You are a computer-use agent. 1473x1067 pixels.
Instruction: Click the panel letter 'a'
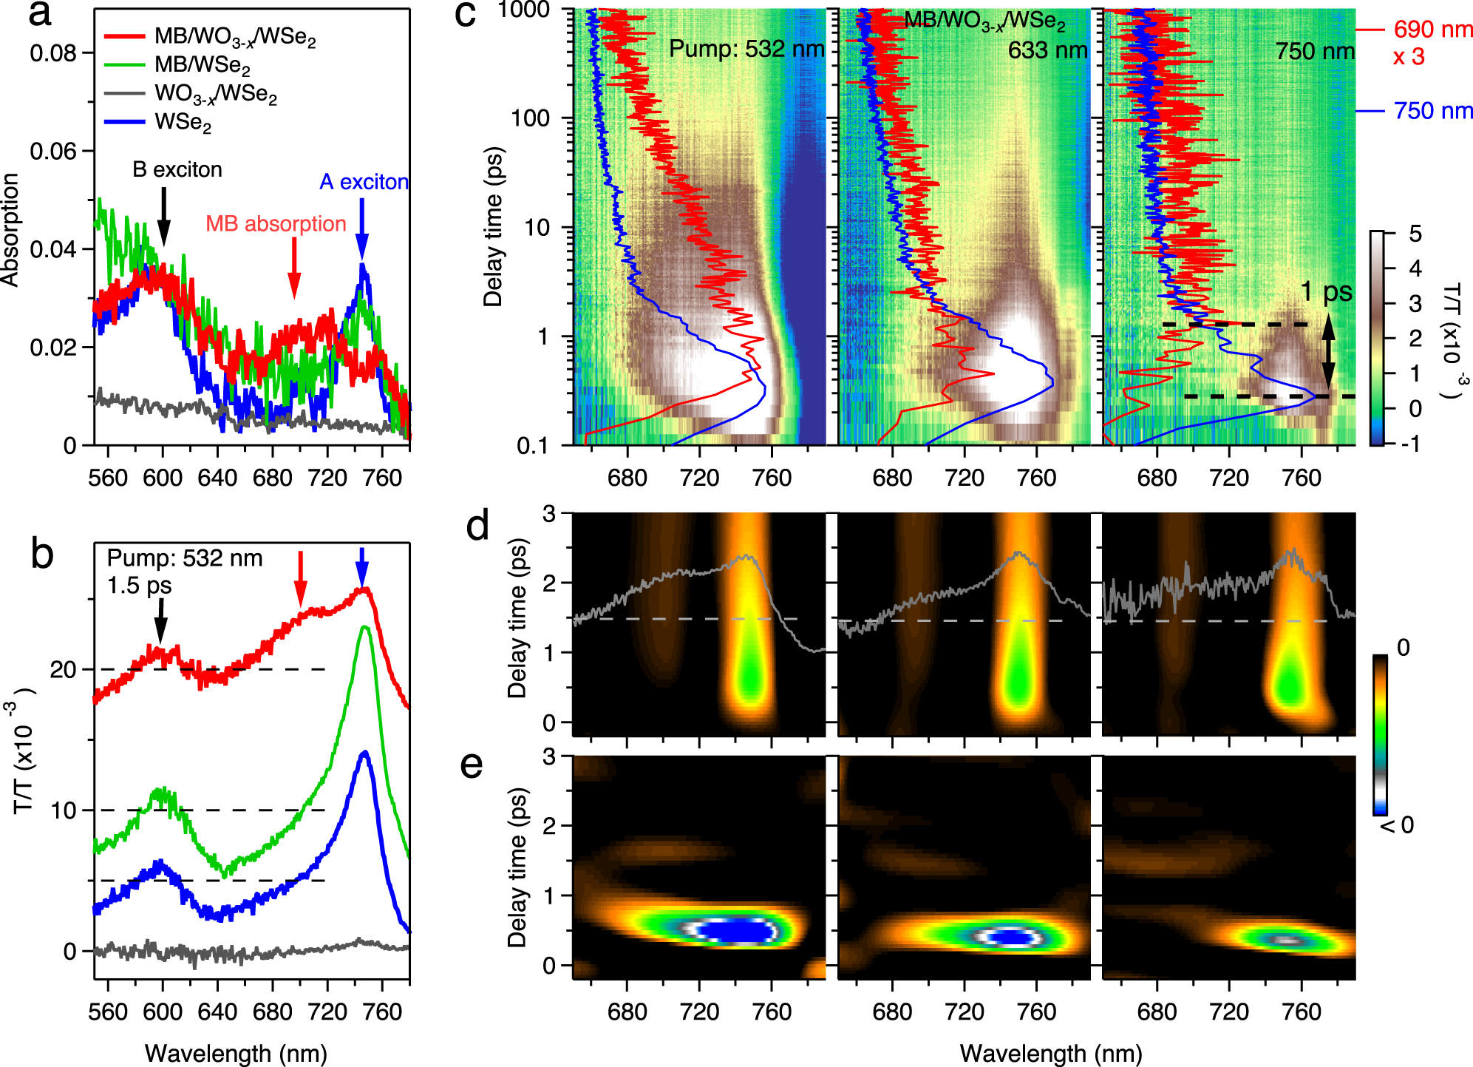[40, 15]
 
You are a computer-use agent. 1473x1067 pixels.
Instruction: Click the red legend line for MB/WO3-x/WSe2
[124, 35]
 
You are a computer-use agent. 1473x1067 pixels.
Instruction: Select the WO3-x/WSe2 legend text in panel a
[216, 94]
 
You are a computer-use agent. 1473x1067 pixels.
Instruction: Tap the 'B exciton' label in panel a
[177, 169]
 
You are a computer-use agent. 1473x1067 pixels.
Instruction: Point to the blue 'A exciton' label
[364, 182]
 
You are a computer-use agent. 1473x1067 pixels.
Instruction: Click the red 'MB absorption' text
[276, 223]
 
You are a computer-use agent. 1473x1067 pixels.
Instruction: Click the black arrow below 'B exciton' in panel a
[163, 217]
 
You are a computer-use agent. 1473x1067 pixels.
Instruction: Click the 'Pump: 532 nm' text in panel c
[746, 49]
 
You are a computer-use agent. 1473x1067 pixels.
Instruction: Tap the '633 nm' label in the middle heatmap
[1047, 50]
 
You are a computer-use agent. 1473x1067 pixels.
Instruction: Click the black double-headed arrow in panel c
[1328, 353]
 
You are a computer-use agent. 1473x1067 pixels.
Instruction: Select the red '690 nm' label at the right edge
[1432, 30]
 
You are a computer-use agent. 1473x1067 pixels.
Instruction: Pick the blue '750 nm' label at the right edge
[1432, 111]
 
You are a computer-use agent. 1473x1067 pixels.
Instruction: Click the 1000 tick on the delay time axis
[523, 10]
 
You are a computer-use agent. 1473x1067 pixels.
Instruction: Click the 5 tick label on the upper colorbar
[1415, 234]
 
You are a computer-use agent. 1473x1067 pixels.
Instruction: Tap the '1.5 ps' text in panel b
[139, 586]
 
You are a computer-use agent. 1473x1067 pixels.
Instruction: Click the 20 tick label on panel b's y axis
[63, 669]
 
